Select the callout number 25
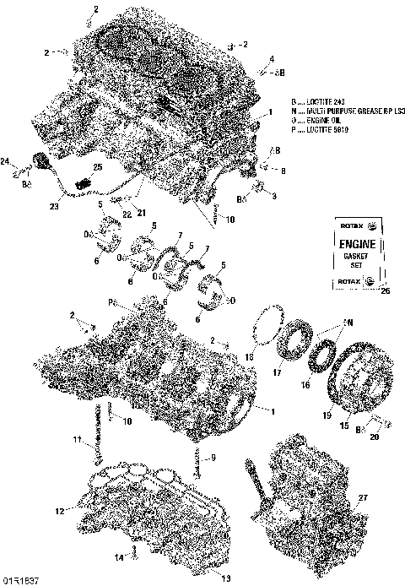click(97, 168)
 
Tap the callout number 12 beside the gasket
click(59, 511)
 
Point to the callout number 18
click(249, 358)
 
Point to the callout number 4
click(271, 59)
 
